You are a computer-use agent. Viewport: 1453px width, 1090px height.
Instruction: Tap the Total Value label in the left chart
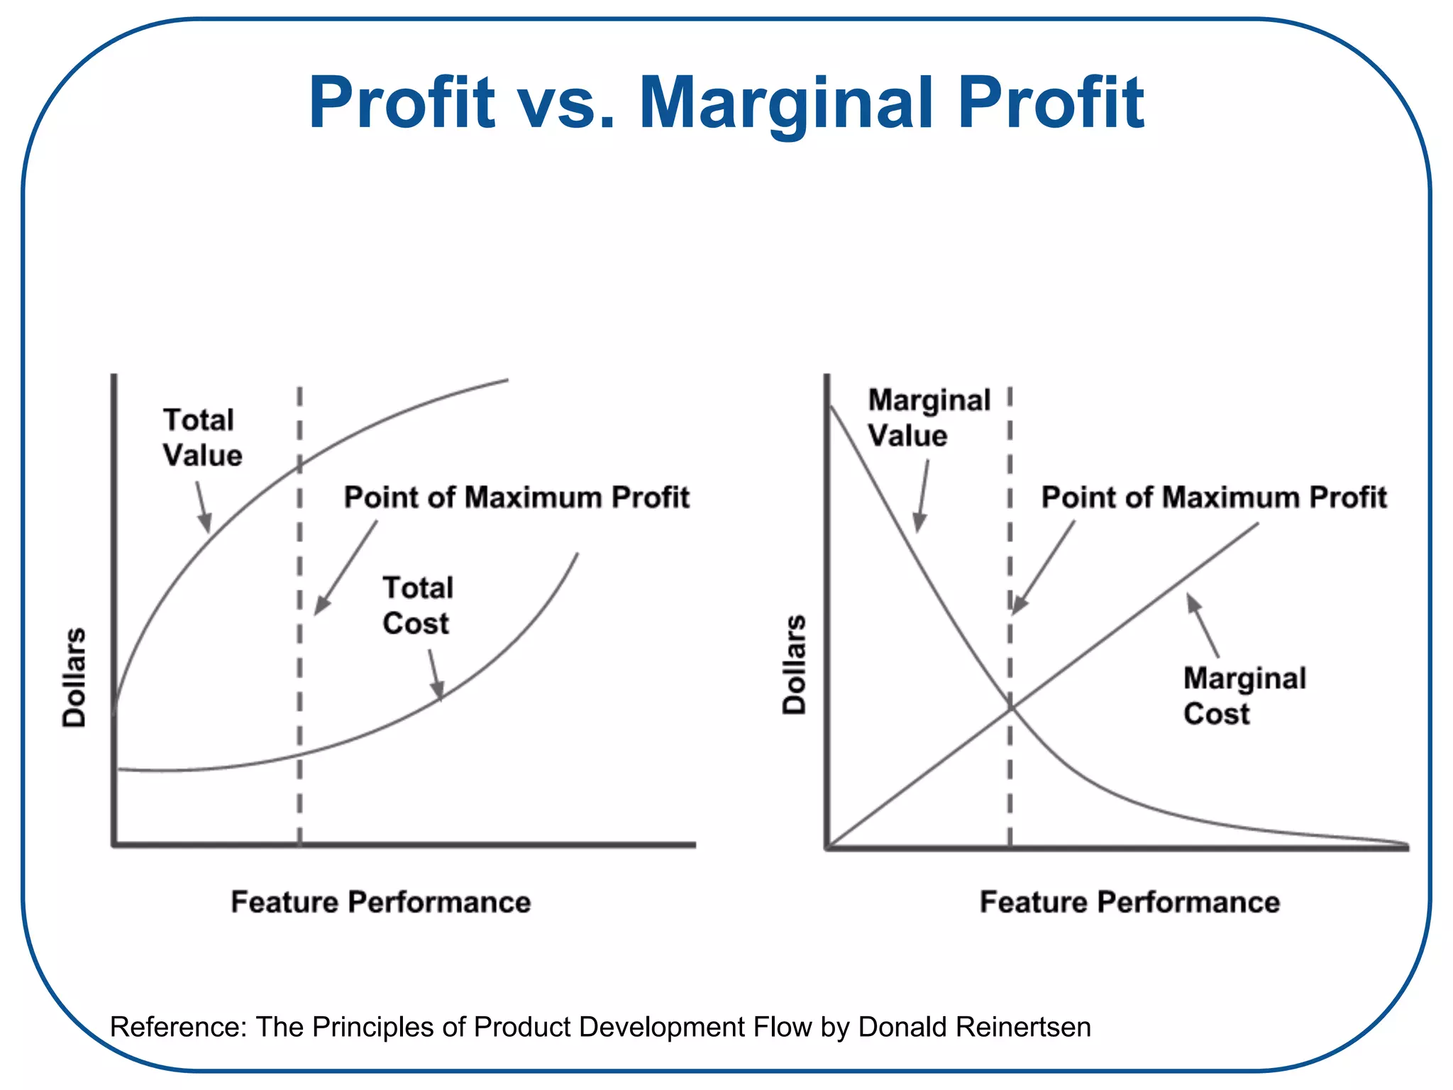(x=202, y=437)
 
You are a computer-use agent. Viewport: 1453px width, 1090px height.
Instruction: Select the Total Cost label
(x=417, y=605)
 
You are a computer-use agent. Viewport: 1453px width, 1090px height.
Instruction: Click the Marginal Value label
(x=928, y=417)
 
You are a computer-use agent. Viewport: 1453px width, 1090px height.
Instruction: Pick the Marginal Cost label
(x=1244, y=695)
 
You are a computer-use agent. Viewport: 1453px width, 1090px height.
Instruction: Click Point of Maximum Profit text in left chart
(x=516, y=497)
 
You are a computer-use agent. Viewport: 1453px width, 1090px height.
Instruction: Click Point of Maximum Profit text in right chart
(x=1213, y=497)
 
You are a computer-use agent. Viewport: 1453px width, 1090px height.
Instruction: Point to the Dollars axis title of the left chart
(x=74, y=678)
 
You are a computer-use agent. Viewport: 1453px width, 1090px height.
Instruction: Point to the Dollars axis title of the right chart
(x=794, y=665)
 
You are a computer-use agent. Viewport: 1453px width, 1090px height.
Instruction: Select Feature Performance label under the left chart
(x=381, y=902)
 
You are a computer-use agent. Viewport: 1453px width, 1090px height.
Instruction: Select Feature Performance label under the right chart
(x=1129, y=902)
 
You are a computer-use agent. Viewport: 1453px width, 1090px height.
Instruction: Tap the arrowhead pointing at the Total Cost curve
(x=438, y=691)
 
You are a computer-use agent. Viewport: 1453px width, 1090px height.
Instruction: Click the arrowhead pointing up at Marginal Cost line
(x=1193, y=602)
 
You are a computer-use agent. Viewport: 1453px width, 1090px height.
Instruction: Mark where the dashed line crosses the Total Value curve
(x=299, y=464)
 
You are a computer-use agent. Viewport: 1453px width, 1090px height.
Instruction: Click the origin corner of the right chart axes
(x=827, y=846)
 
